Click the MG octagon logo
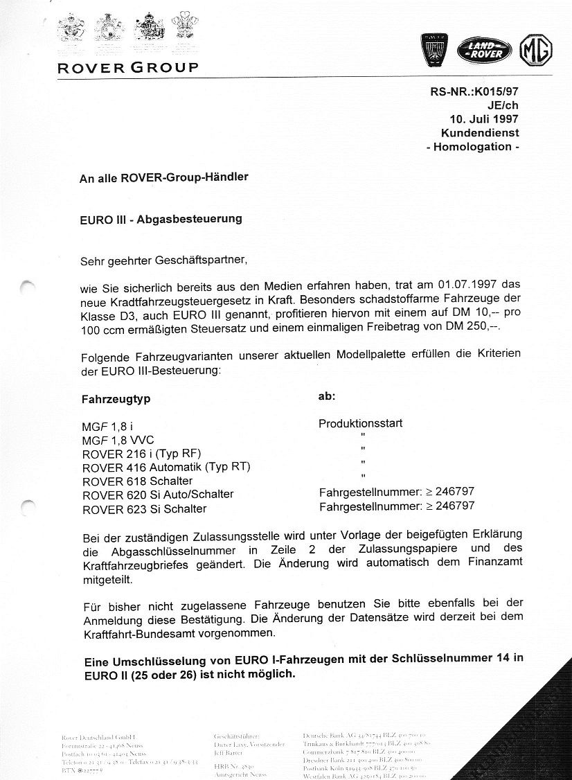pos(535,50)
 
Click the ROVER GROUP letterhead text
pos(128,68)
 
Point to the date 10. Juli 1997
pos(484,118)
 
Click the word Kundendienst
pos(480,132)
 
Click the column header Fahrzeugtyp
pos(116,399)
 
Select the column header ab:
pos(326,397)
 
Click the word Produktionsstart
pos(360,423)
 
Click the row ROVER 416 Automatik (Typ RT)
pos(166,467)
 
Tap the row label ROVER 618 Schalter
pos(137,481)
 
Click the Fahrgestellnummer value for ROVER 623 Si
pos(397,506)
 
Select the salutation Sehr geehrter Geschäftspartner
pos(163,261)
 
